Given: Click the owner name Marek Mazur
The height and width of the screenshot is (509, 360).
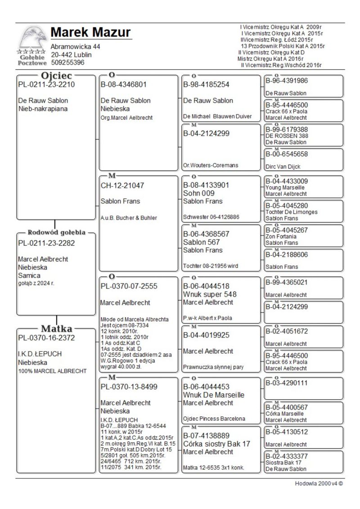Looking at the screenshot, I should [x=90, y=33].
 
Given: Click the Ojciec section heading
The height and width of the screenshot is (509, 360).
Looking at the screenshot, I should [x=57, y=75].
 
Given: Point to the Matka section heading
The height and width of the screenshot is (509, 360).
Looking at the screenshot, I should [x=57, y=328].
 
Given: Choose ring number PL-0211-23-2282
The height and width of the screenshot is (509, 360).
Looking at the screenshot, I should [x=46, y=243].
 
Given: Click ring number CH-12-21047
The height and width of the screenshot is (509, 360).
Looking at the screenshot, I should [x=123, y=185].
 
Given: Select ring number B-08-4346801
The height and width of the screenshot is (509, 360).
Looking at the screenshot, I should [x=124, y=84].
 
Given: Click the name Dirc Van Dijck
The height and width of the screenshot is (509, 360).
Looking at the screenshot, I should [x=283, y=167].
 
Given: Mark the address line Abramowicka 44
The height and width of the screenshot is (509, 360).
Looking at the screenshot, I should [x=76, y=47].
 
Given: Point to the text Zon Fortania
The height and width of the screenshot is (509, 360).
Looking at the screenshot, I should [x=281, y=236].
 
